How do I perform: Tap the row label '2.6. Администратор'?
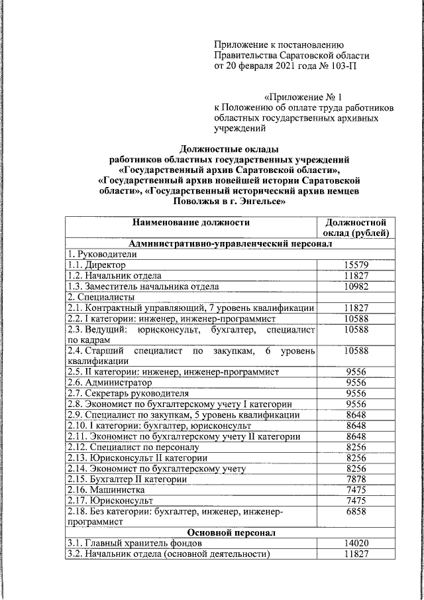109,383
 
